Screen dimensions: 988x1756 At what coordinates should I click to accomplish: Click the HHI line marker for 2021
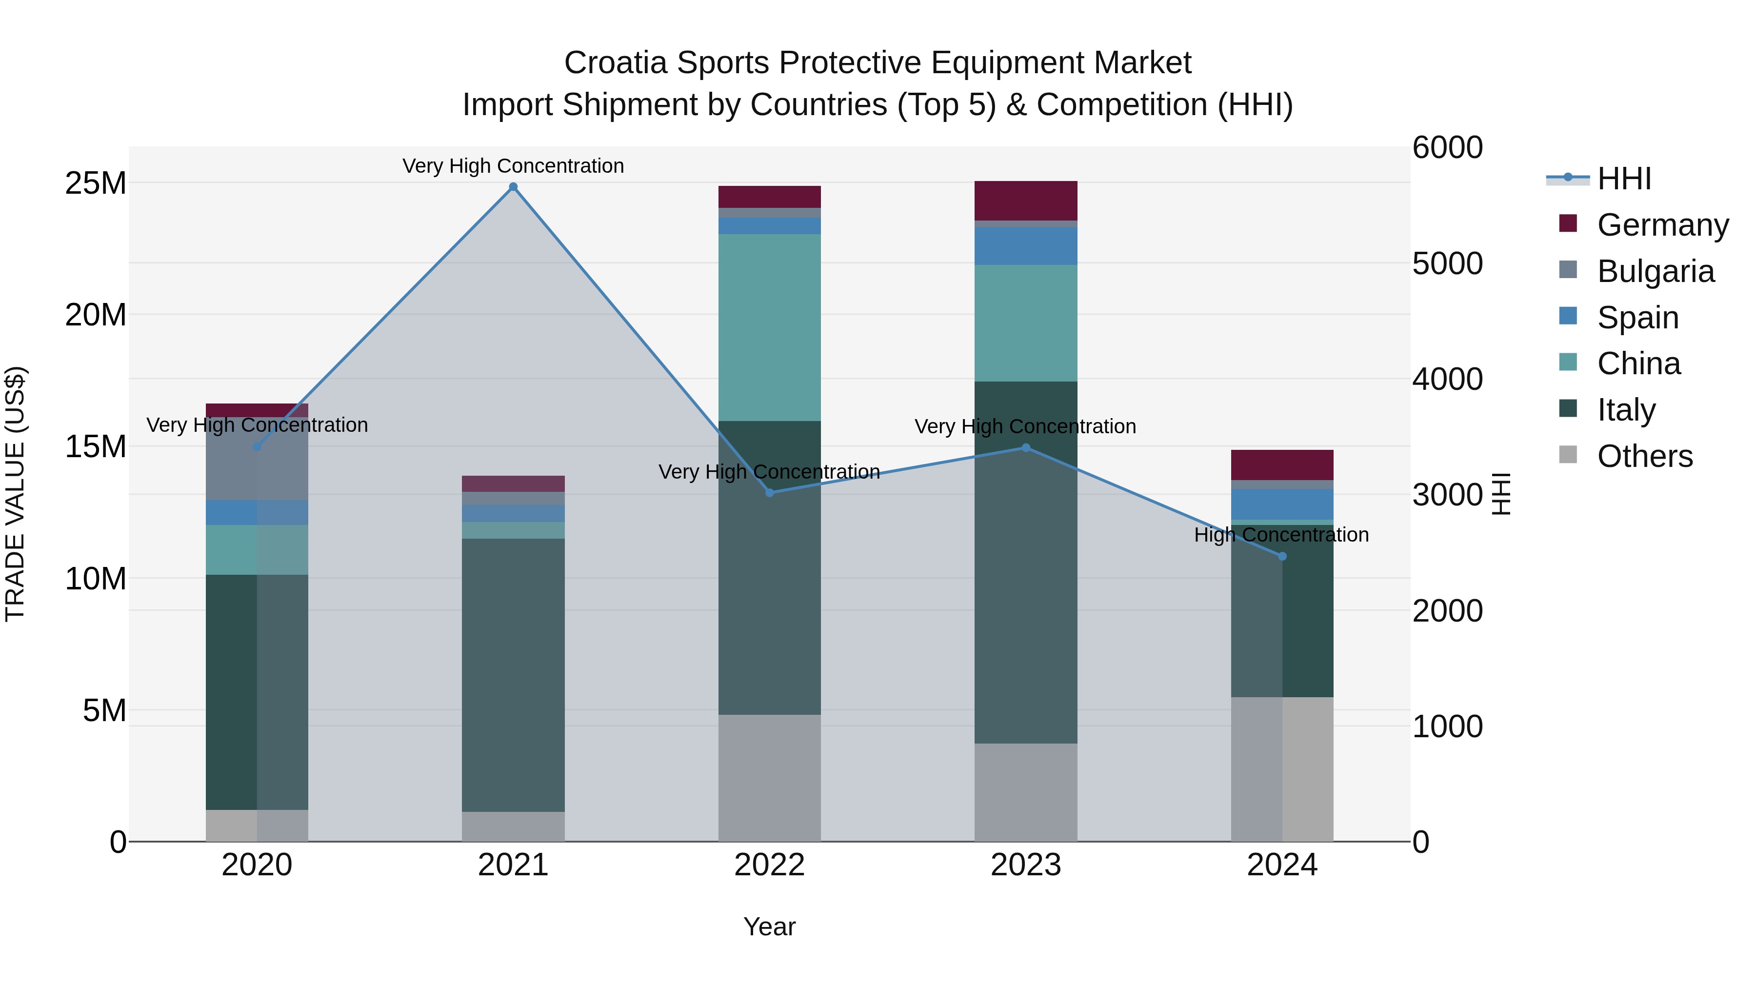513,187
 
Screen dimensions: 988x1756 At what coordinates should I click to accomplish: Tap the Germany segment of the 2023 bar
1025,201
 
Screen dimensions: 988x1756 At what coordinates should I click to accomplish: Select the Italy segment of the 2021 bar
513,675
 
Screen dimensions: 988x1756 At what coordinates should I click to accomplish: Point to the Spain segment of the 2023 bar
1025,246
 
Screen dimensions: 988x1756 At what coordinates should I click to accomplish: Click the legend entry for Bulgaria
1655,271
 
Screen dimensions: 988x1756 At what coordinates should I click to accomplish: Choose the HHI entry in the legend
1624,179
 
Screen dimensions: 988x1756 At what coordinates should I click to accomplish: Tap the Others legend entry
1644,456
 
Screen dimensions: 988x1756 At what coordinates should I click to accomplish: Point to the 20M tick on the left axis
96,315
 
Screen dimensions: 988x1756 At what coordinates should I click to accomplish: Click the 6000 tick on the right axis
1447,147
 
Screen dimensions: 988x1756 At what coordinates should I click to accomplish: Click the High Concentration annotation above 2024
1281,535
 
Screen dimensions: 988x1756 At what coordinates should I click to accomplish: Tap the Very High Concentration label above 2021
513,166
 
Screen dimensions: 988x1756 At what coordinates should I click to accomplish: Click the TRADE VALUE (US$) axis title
15,494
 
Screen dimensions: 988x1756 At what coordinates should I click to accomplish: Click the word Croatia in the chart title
615,63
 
